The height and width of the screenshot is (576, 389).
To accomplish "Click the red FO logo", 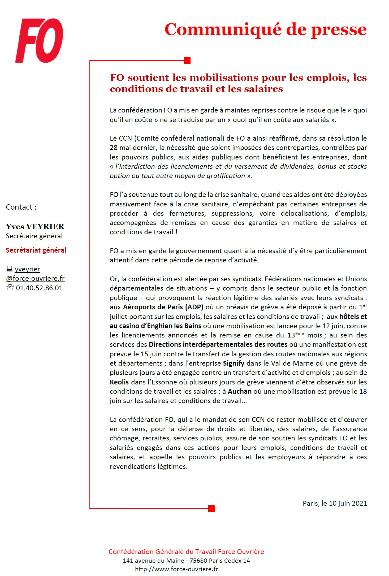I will click(x=39, y=40).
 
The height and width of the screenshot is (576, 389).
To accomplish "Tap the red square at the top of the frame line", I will click(x=187, y=60).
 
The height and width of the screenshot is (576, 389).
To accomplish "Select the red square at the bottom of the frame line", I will click(x=211, y=508).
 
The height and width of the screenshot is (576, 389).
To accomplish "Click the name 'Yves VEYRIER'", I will click(x=35, y=226).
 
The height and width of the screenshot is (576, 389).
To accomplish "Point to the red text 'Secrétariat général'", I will click(x=36, y=250).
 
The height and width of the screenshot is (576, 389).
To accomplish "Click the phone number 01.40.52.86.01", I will click(x=39, y=288).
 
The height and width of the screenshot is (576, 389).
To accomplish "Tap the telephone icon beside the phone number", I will click(x=10, y=288).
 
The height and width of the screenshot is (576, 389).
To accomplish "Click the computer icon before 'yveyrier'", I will click(x=9, y=269).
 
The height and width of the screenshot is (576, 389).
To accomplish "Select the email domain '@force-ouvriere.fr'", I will click(x=35, y=278).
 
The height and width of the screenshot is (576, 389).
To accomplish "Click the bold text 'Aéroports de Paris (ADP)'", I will click(x=163, y=307).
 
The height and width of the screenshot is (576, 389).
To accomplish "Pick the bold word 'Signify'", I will click(x=234, y=363).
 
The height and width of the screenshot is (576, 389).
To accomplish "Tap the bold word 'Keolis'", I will click(x=119, y=382).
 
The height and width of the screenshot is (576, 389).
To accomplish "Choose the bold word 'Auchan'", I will click(x=240, y=391).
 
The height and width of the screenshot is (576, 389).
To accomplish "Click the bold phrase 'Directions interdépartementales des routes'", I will click(x=218, y=344).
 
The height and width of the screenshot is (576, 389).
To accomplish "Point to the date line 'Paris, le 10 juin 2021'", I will click(x=335, y=503).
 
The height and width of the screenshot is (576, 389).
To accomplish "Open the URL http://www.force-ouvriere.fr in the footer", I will click(x=176, y=569).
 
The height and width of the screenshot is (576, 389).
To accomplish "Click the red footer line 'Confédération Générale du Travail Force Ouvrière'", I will click(x=186, y=552).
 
